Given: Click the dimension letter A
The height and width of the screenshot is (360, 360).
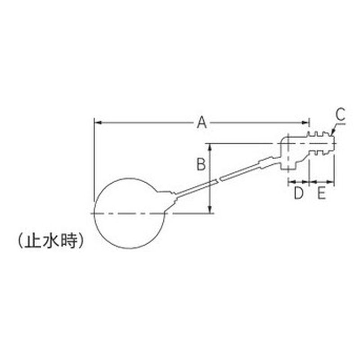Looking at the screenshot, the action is (202, 122).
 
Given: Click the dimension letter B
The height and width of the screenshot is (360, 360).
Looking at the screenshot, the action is (201, 164).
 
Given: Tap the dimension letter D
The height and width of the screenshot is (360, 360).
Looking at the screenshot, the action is (299, 193).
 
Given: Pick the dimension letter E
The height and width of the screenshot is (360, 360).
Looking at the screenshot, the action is (321, 193).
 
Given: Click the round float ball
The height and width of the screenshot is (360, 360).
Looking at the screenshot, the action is (130, 213).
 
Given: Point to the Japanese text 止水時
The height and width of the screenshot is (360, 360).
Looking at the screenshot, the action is (50, 241).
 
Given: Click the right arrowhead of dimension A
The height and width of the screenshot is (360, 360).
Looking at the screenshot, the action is (306, 122).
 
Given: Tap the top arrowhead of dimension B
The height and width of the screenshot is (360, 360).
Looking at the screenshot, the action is (210, 148).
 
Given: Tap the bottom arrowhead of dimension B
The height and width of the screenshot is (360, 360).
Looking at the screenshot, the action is (210, 209).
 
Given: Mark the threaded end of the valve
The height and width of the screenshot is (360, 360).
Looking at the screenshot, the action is (322, 144).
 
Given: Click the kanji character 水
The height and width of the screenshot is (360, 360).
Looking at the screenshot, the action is (50, 241).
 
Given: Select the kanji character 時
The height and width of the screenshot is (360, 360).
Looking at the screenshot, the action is (68, 241).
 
